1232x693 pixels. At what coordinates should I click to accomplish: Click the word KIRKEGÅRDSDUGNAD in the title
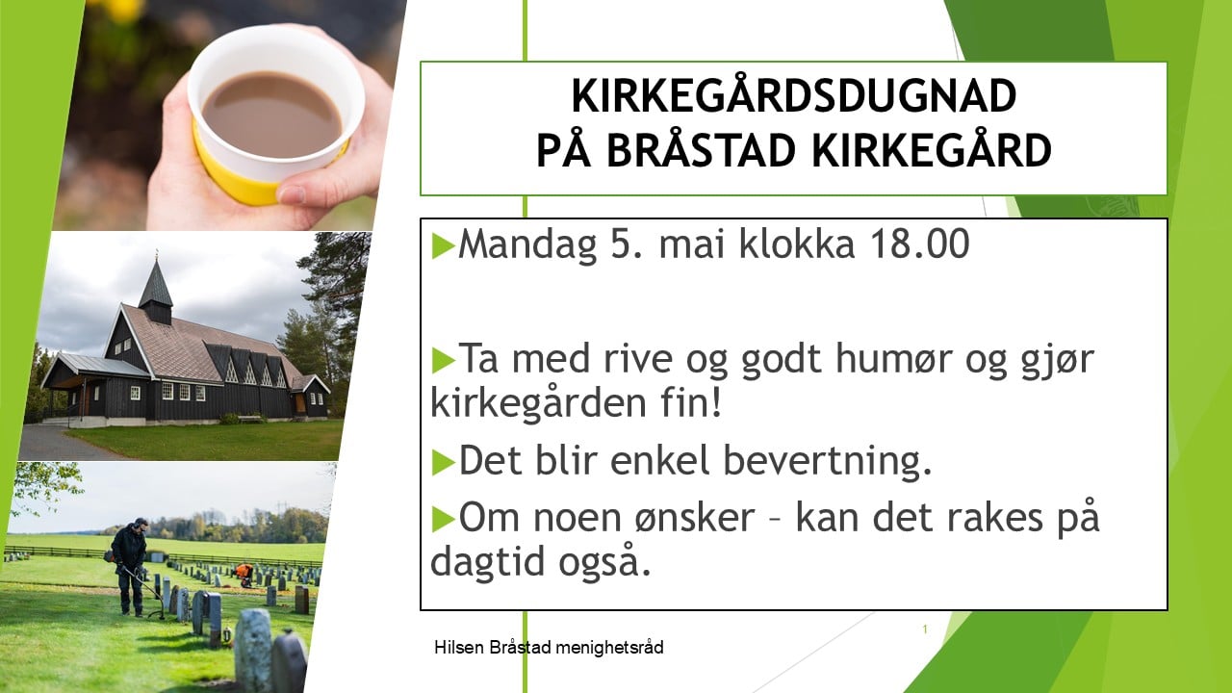[794, 96]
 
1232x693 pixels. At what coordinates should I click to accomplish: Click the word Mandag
[527, 245]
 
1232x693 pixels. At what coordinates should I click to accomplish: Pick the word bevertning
[827, 461]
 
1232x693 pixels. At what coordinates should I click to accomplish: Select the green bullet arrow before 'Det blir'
[443, 461]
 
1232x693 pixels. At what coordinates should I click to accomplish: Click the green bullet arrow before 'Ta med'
[443, 360]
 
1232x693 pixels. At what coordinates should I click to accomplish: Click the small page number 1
[925, 629]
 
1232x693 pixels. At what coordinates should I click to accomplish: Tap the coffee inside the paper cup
[272, 115]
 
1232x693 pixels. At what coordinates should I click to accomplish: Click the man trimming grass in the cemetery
[130, 568]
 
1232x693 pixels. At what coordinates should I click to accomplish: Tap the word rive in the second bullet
[638, 358]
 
